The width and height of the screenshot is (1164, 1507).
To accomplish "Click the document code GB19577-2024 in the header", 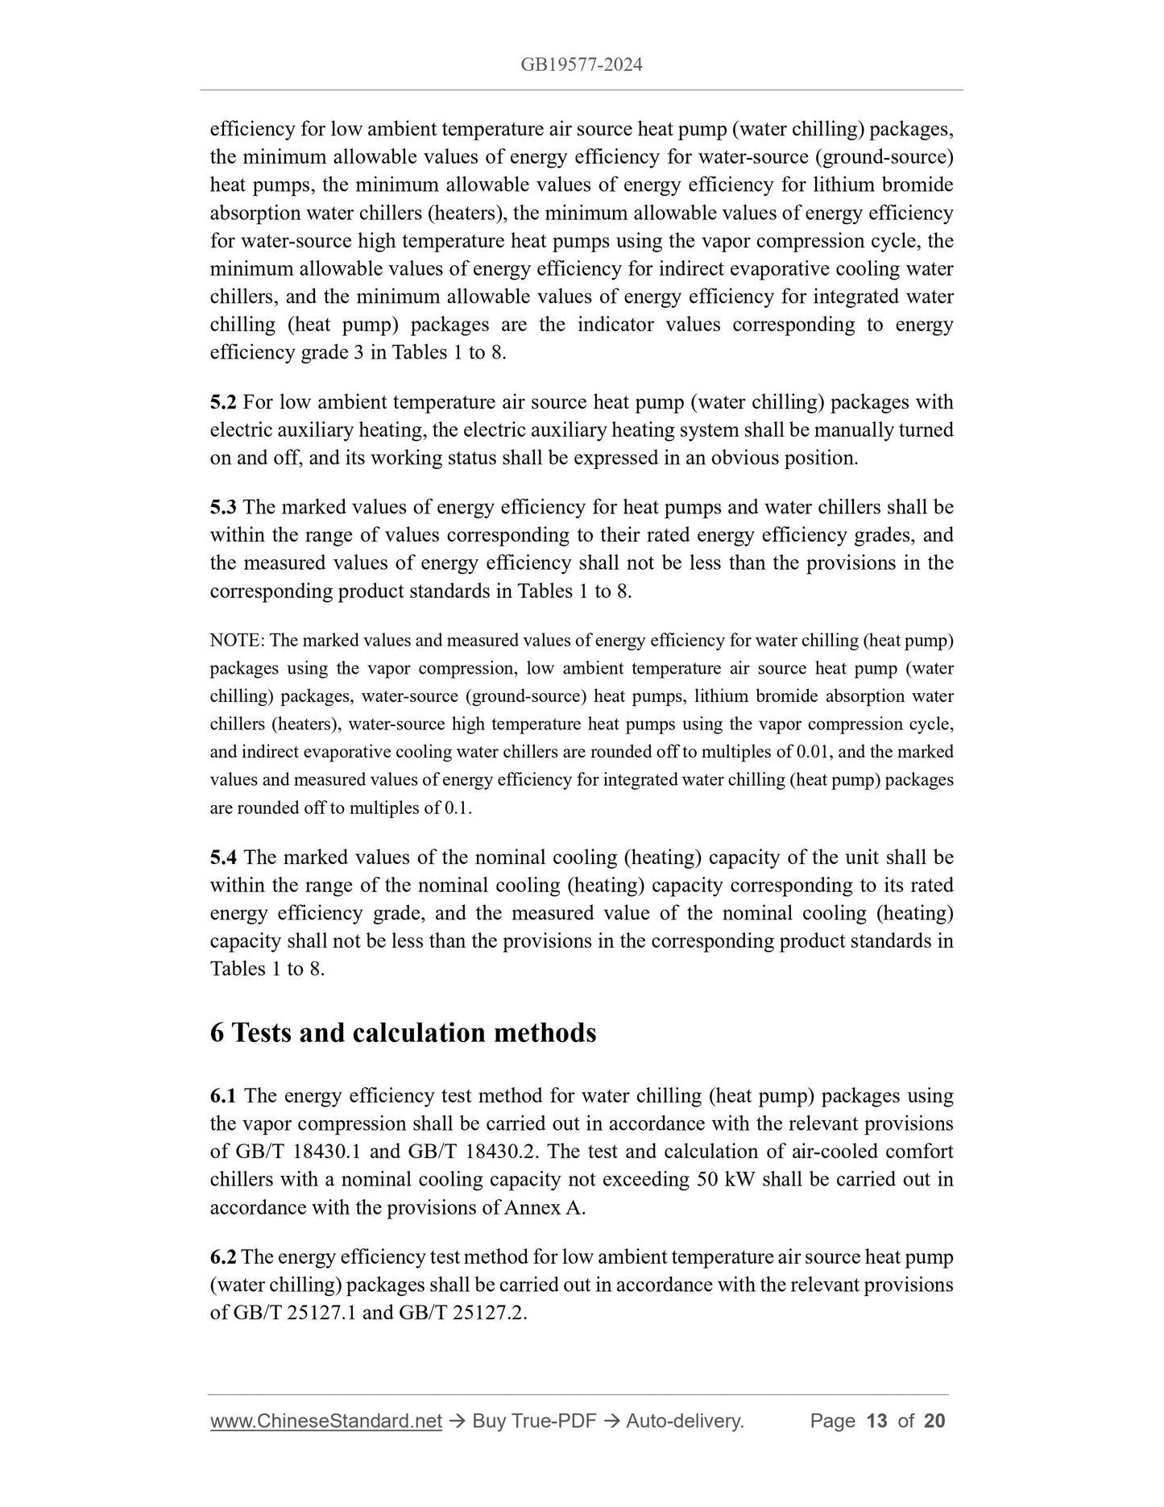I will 582,65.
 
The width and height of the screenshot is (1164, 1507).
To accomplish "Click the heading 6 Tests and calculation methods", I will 403,1033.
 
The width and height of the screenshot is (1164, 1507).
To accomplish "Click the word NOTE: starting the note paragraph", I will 238,641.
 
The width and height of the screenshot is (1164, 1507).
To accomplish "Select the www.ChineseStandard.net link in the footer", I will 326,1421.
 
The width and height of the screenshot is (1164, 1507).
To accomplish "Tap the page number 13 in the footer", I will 876,1421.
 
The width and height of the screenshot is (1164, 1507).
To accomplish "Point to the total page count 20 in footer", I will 934,1421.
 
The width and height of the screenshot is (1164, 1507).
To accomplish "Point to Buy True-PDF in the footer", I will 534,1421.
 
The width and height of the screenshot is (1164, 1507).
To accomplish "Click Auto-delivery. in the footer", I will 685,1421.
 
